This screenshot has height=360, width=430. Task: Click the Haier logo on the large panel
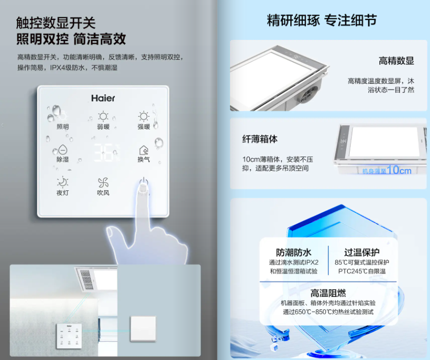click(103, 98)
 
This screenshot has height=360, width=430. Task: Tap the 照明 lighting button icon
click(63, 116)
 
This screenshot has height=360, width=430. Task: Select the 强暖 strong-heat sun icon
click(144, 116)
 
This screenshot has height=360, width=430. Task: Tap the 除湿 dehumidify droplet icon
click(63, 150)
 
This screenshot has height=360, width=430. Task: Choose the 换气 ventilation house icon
click(144, 150)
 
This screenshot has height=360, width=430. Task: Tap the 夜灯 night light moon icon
click(63, 182)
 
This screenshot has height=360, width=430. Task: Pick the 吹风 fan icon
click(103, 182)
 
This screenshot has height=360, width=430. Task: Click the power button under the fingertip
click(144, 182)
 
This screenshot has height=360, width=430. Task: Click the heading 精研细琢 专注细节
click(322, 20)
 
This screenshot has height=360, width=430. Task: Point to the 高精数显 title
click(396, 61)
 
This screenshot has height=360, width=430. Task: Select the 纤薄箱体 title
click(260, 139)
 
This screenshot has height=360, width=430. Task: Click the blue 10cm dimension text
click(399, 170)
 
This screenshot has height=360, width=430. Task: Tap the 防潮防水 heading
click(294, 252)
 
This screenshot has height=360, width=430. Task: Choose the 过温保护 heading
click(362, 252)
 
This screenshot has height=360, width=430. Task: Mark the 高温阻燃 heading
click(328, 293)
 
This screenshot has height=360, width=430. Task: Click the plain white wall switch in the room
click(143, 328)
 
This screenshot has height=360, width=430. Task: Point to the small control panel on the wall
click(69, 336)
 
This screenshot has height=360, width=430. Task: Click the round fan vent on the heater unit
click(308, 94)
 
